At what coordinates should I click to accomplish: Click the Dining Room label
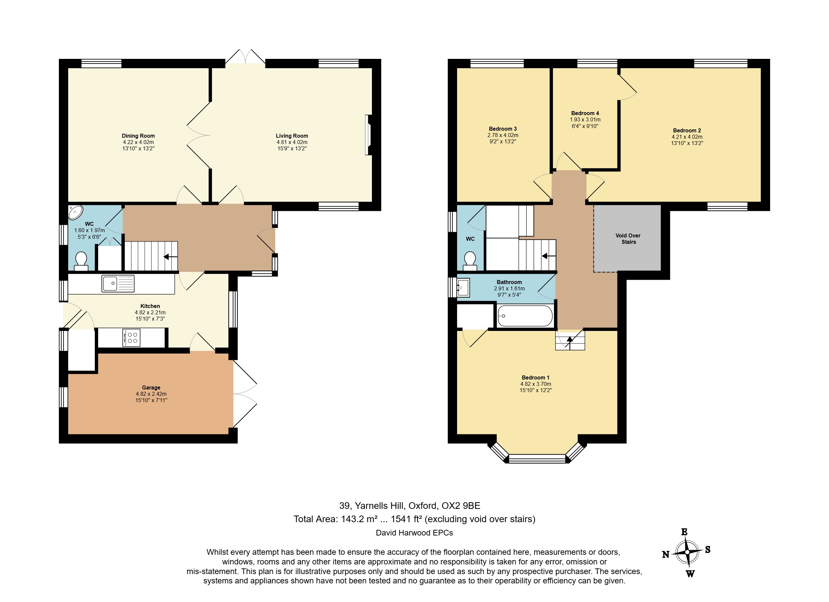[x=138, y=136]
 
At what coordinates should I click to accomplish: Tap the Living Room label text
[x=292, y=136]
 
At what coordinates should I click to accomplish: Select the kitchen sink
[x=118, y=283]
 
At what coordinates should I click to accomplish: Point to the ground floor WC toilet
[x=81, y=261]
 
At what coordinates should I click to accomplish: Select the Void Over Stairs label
[x=628, y=239]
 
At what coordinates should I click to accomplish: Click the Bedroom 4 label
[x=585, y=113]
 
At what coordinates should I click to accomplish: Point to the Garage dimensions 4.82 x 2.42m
[x=151, y=394]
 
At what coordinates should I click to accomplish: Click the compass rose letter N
[x=666, y=554]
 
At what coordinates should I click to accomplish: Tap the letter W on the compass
[x=690, y=573]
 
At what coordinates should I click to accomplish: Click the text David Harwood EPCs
[x=414, y=533]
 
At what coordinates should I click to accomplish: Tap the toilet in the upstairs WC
[x=470, y=261]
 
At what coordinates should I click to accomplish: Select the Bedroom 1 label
[x=536, y=377]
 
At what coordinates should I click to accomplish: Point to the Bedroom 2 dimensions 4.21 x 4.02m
[x=687, y=137]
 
